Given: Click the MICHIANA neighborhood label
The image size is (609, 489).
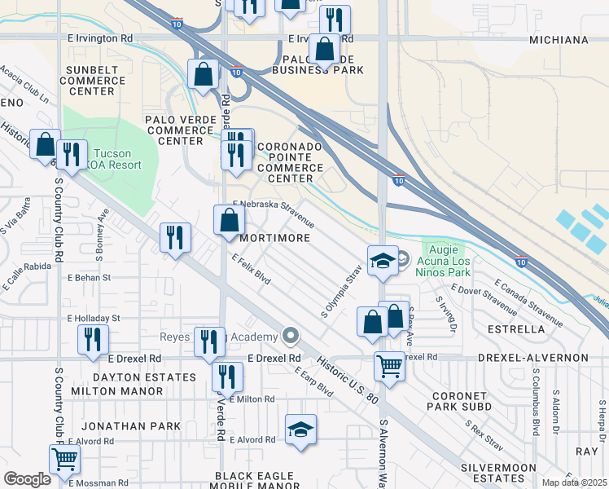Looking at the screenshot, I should coord(559,40).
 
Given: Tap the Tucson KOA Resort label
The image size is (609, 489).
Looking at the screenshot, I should coord(116,159).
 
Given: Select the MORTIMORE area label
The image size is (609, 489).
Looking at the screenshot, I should coord(275,238).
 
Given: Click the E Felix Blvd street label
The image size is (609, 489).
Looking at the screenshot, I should coord(250,269).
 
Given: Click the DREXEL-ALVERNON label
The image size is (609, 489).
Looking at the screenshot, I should coord(545,358).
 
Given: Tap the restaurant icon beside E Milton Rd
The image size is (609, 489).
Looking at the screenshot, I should coord(226,377).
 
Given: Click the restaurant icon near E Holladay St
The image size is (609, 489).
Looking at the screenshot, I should coord(94,339).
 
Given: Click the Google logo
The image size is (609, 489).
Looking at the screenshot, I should coord(27,479).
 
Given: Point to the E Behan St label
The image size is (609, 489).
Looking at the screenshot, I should coord(89,278).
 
